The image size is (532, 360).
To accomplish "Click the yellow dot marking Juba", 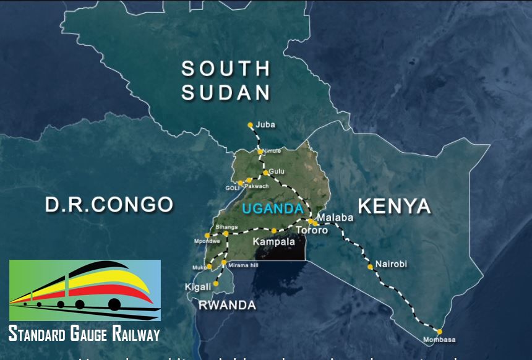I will click(x=251, y=125).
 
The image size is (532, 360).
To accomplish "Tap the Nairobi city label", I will click(x=391, y=264).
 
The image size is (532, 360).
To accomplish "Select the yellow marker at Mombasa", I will click(x=439, y=332).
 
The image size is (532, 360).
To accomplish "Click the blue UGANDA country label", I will click(x=273, y=209).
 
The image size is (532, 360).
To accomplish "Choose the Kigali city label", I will click(x=198, y=288).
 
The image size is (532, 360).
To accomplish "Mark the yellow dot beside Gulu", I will click(x=266, y=173).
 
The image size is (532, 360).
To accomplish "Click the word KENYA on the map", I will click(x=394, y=206).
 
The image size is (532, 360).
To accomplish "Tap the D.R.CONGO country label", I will click(x=109, y=204).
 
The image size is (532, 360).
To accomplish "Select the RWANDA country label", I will click(x=227, y=305).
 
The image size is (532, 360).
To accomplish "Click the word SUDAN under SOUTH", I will click(x=226, y=93).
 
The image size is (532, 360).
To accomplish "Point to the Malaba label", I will click(x=335, y=218).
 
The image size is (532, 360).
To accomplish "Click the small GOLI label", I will click(x=233, y=188).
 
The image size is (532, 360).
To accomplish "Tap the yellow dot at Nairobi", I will click(x=370, y=267).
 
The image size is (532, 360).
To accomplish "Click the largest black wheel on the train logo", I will click(x=114, y=304).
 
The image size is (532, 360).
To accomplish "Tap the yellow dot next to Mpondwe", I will click(x=207, y=235).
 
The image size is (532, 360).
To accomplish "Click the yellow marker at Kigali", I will click(x=216, y=283).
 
